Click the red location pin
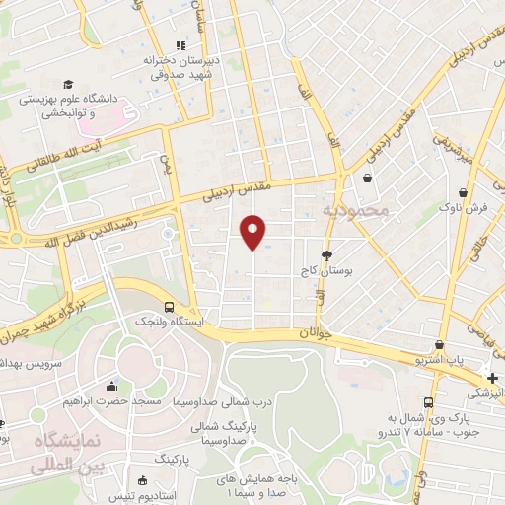pyautogui.click(x=252, y=231)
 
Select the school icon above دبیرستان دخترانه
pyautogui.click(x=180, y=45)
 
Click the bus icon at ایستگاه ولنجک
pyautogui.click(x=170, y=307)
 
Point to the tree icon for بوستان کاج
pyautogui.click(x=326, y=254)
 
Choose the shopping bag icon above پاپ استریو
pyautogui.click(x=439, y=346)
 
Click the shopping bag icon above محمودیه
pyautogui.click(x=368, y=180)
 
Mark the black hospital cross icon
pyautogui.click(x=491, y=378)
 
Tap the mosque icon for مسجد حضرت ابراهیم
pyautogui.click(x=112, y=386)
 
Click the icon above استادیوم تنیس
pyautogui.click(x=143, y=481)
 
